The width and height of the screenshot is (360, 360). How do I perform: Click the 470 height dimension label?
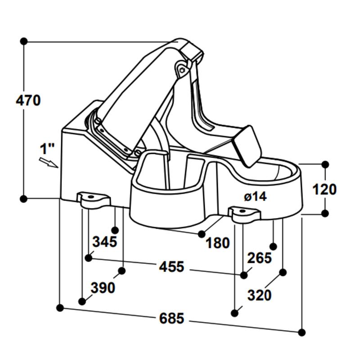coord(28,100)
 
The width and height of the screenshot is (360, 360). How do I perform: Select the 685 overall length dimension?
coord(172,319)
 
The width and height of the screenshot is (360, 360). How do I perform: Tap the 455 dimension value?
coord(172,267)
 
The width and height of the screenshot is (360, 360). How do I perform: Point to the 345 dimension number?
coord(104,242)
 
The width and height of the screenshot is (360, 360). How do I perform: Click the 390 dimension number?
coord(103,288)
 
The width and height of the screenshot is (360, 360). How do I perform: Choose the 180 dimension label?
coord(218,243)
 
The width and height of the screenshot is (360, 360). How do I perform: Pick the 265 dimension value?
coord(260,258)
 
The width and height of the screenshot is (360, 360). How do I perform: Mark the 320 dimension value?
coord(260,296)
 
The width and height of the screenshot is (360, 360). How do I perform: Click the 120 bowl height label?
coord(324,189)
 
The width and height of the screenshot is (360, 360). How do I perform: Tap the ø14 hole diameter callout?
coord(255,196)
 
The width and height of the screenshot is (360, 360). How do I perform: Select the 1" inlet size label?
coord(47,148)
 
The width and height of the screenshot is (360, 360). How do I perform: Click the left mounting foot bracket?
coord(93,199)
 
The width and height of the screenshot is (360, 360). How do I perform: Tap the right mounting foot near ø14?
coord(244,213)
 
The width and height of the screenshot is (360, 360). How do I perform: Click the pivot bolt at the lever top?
coord(182,70)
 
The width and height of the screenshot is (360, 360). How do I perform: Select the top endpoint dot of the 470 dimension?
coord(24,41)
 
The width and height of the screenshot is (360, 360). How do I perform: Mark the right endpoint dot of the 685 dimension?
coord(302,333)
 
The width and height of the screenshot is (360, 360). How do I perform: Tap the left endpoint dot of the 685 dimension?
coord(60,308)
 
